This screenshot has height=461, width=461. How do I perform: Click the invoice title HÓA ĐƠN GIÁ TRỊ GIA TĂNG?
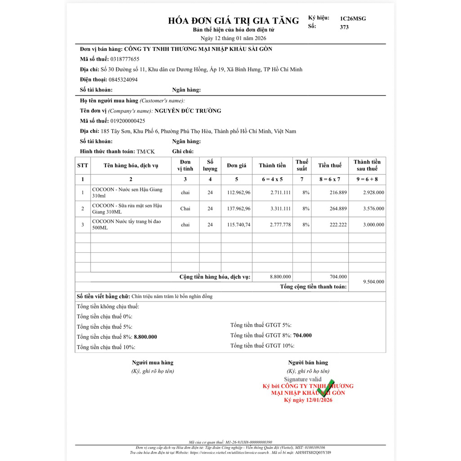pos(233,21)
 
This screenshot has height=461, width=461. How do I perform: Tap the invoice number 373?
pos(344,27)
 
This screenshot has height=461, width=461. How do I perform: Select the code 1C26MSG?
pos(353,18)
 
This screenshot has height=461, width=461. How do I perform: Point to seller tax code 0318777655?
pos(125,59)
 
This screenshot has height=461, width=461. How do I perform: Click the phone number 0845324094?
pos(123,80)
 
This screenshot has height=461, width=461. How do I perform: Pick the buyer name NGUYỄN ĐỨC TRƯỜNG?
pos(188,111)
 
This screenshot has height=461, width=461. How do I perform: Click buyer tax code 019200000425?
pos(128,121)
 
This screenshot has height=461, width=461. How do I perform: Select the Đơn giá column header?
pos(237,165)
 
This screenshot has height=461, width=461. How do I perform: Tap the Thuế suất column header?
pos(301,165)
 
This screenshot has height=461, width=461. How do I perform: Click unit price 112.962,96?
pos(239,193)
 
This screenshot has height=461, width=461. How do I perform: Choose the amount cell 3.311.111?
pos(281,209)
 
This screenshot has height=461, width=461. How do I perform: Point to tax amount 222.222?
pos(338,225)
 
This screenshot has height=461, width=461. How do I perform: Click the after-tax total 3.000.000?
pos(374,225)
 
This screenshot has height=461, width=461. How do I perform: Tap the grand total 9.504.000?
pos(374,282)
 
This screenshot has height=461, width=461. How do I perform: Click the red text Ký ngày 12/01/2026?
pos(308,400)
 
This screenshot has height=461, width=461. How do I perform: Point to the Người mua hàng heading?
pos(152,363)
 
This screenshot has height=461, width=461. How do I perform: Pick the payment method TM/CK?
pos(145,152)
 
